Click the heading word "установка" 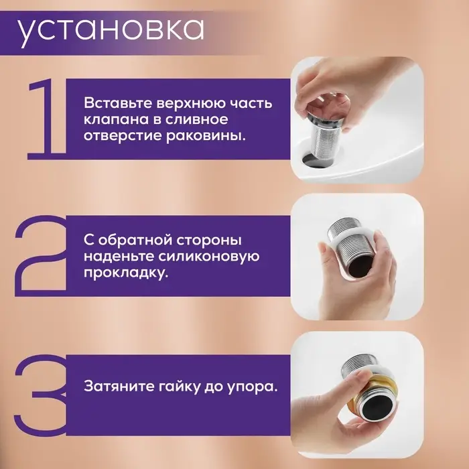coord(111,29)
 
